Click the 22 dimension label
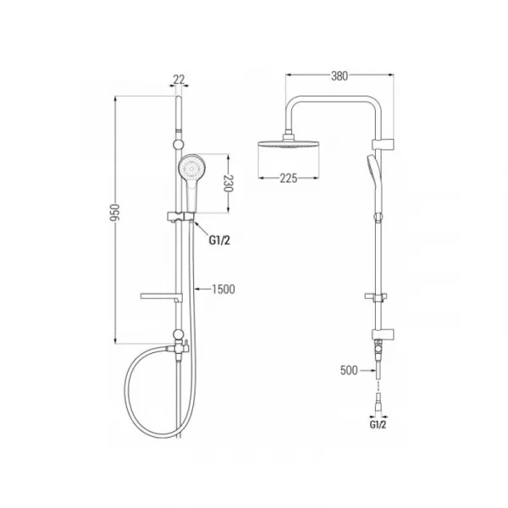[x=179, y=79]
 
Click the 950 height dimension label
[x=114, y=213]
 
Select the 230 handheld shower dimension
[x=229, y=184]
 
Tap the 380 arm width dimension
[x=340, y=76]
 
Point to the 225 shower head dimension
[x=289, y=178]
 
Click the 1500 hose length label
[x=224, y=289]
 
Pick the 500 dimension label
[x=349, y=370]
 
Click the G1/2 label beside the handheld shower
[x=219, y=240]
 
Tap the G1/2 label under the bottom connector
[x=378, y=424]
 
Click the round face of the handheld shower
[x=192, y=168]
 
